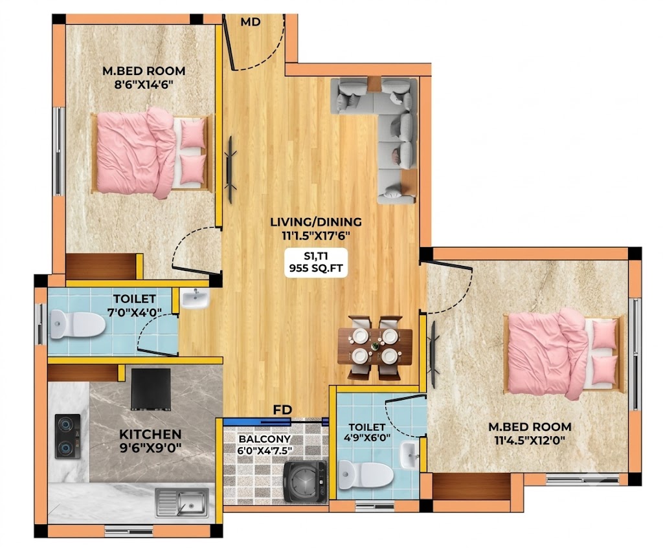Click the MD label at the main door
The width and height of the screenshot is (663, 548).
251,22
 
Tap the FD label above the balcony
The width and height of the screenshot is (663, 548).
282,410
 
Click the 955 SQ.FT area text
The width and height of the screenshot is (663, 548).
316,268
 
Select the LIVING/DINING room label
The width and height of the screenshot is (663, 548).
316,222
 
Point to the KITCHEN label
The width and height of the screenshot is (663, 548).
150,434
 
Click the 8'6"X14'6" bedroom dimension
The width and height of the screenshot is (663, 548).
144,85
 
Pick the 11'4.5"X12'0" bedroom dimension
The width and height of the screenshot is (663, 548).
530,441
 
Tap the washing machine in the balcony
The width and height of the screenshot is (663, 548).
306,481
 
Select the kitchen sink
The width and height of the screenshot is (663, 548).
182,502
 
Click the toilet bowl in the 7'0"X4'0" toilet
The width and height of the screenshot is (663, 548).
78,325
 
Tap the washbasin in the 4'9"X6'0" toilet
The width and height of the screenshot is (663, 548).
409,455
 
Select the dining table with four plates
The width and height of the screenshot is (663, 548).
375,346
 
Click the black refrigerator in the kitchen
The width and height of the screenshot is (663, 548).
151,389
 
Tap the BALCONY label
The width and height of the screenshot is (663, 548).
265,439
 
